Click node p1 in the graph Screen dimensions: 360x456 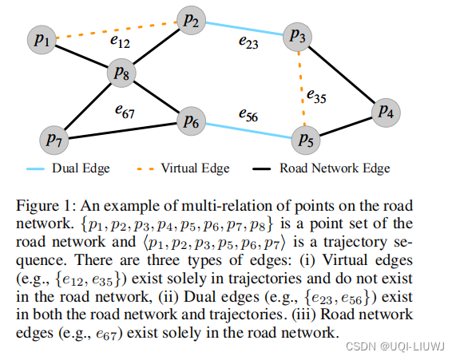(x=42, y=39)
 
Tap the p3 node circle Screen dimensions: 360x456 (x=298, y=36)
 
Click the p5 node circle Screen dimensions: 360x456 (x=304, y=140)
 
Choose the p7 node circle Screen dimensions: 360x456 (x=54, y=140)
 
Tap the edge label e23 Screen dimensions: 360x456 (x=248, y=45)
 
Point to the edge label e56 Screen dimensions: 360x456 (x=248, y=115)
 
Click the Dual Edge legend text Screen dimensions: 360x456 (x=81, y=168)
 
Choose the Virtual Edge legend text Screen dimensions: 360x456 (x=195, y=168)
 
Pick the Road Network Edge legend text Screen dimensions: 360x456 (x=336, y=168)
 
